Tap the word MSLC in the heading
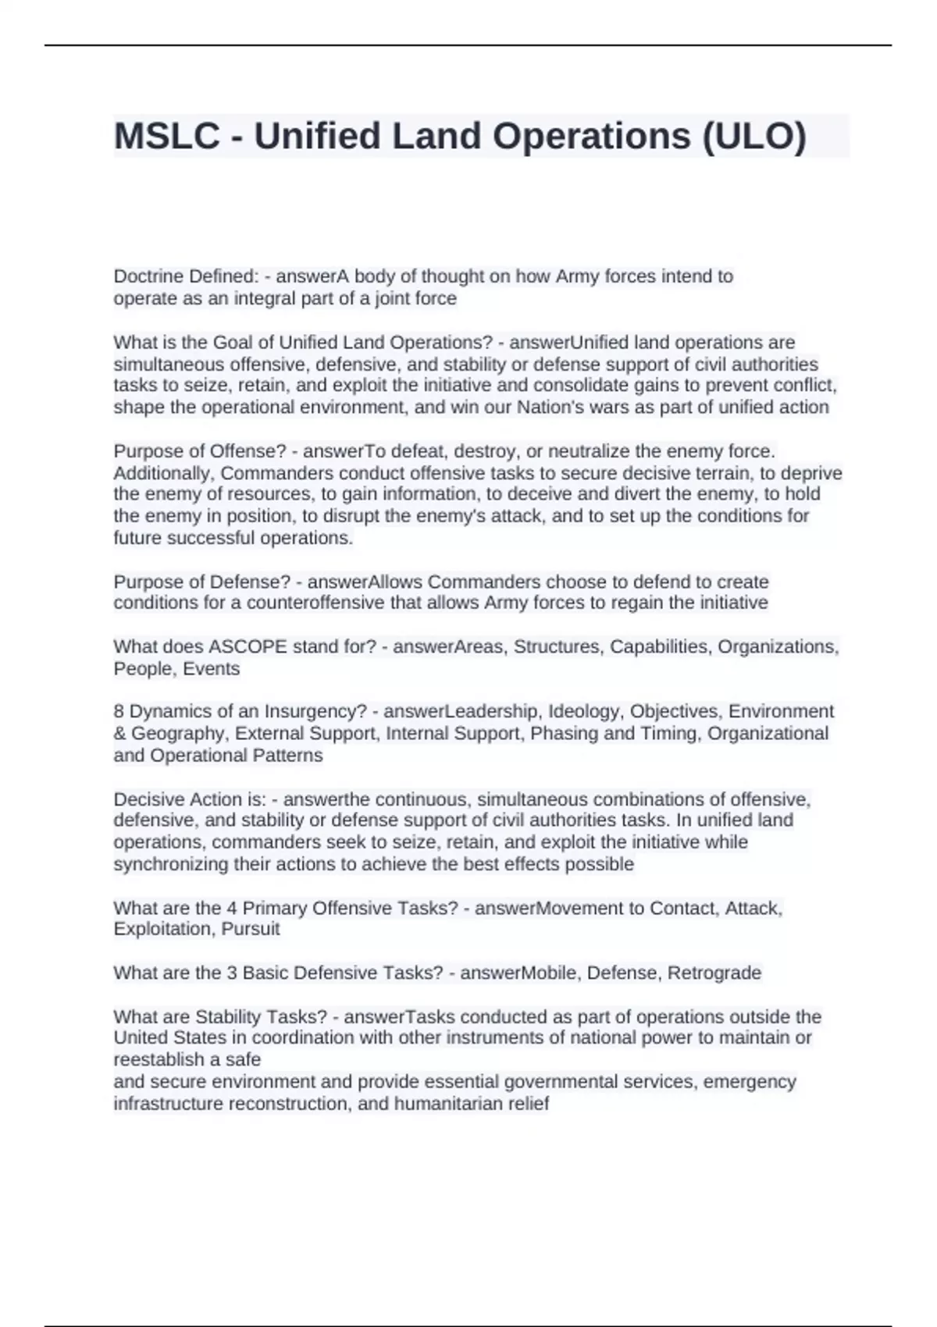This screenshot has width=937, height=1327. pos(166,136)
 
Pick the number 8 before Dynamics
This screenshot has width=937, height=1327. pos(119,712)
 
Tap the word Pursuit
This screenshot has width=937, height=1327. pos(251,930)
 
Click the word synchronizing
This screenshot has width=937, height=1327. pos(162,865)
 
